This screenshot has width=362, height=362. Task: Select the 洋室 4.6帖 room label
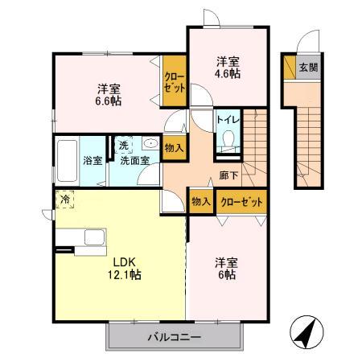(x=228, y=68)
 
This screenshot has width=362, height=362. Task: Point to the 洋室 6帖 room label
(x=225, y=269)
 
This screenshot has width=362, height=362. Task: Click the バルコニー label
(x=174, y=336)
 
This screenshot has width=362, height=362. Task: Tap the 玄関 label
(x=308, y=68)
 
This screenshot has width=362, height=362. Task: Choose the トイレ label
(x=227, y=120)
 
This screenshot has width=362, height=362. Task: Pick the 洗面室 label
(x=134, y=160)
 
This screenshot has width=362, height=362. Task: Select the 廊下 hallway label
(x=227, y=174)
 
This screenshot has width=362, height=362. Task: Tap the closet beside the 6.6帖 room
(x=174, y=81)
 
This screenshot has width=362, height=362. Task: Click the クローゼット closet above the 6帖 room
(x=240, y=203)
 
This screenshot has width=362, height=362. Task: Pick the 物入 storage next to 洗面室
(x=174, y=147)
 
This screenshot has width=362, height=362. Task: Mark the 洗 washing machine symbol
(x=124, y=146)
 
